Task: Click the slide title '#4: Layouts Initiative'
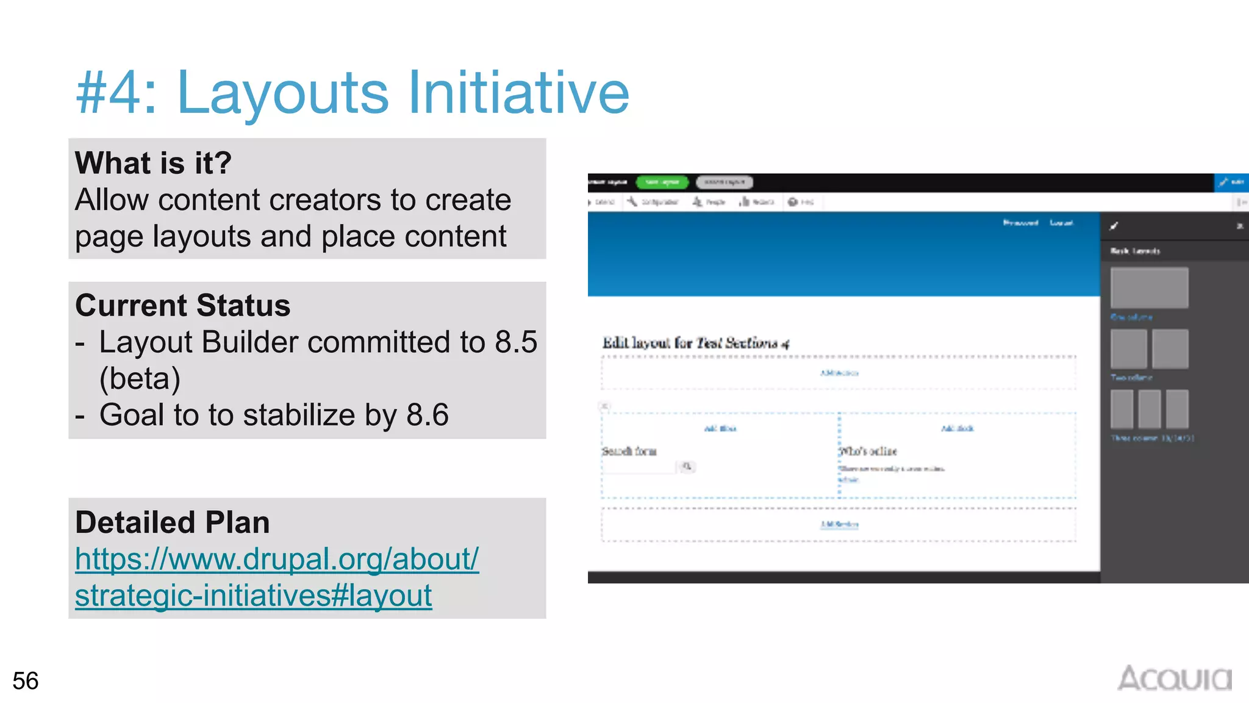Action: coord(352,93)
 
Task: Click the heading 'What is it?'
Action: coord(153,163)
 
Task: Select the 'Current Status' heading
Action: coord(182,305)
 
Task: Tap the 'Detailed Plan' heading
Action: coord(172,522)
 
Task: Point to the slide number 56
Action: coord(25,680)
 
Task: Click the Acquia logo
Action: coord(1174,679)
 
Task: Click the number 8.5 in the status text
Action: coord(516,342)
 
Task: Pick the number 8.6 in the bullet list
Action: coord(427,415)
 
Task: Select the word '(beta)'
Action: coord(140,378)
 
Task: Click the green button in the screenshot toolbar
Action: coord(662,182)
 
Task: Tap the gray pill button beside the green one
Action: coord(724,182)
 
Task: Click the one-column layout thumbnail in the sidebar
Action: coord(1149,287)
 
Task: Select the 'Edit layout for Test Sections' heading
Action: coord(695,343)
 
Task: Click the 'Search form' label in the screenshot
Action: coord(629,452)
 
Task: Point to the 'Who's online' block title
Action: coord(868,452)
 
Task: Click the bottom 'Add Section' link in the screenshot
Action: coord(839,524)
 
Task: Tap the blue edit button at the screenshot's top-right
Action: coord(1231,182)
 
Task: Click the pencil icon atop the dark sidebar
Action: coord(1114,226)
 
